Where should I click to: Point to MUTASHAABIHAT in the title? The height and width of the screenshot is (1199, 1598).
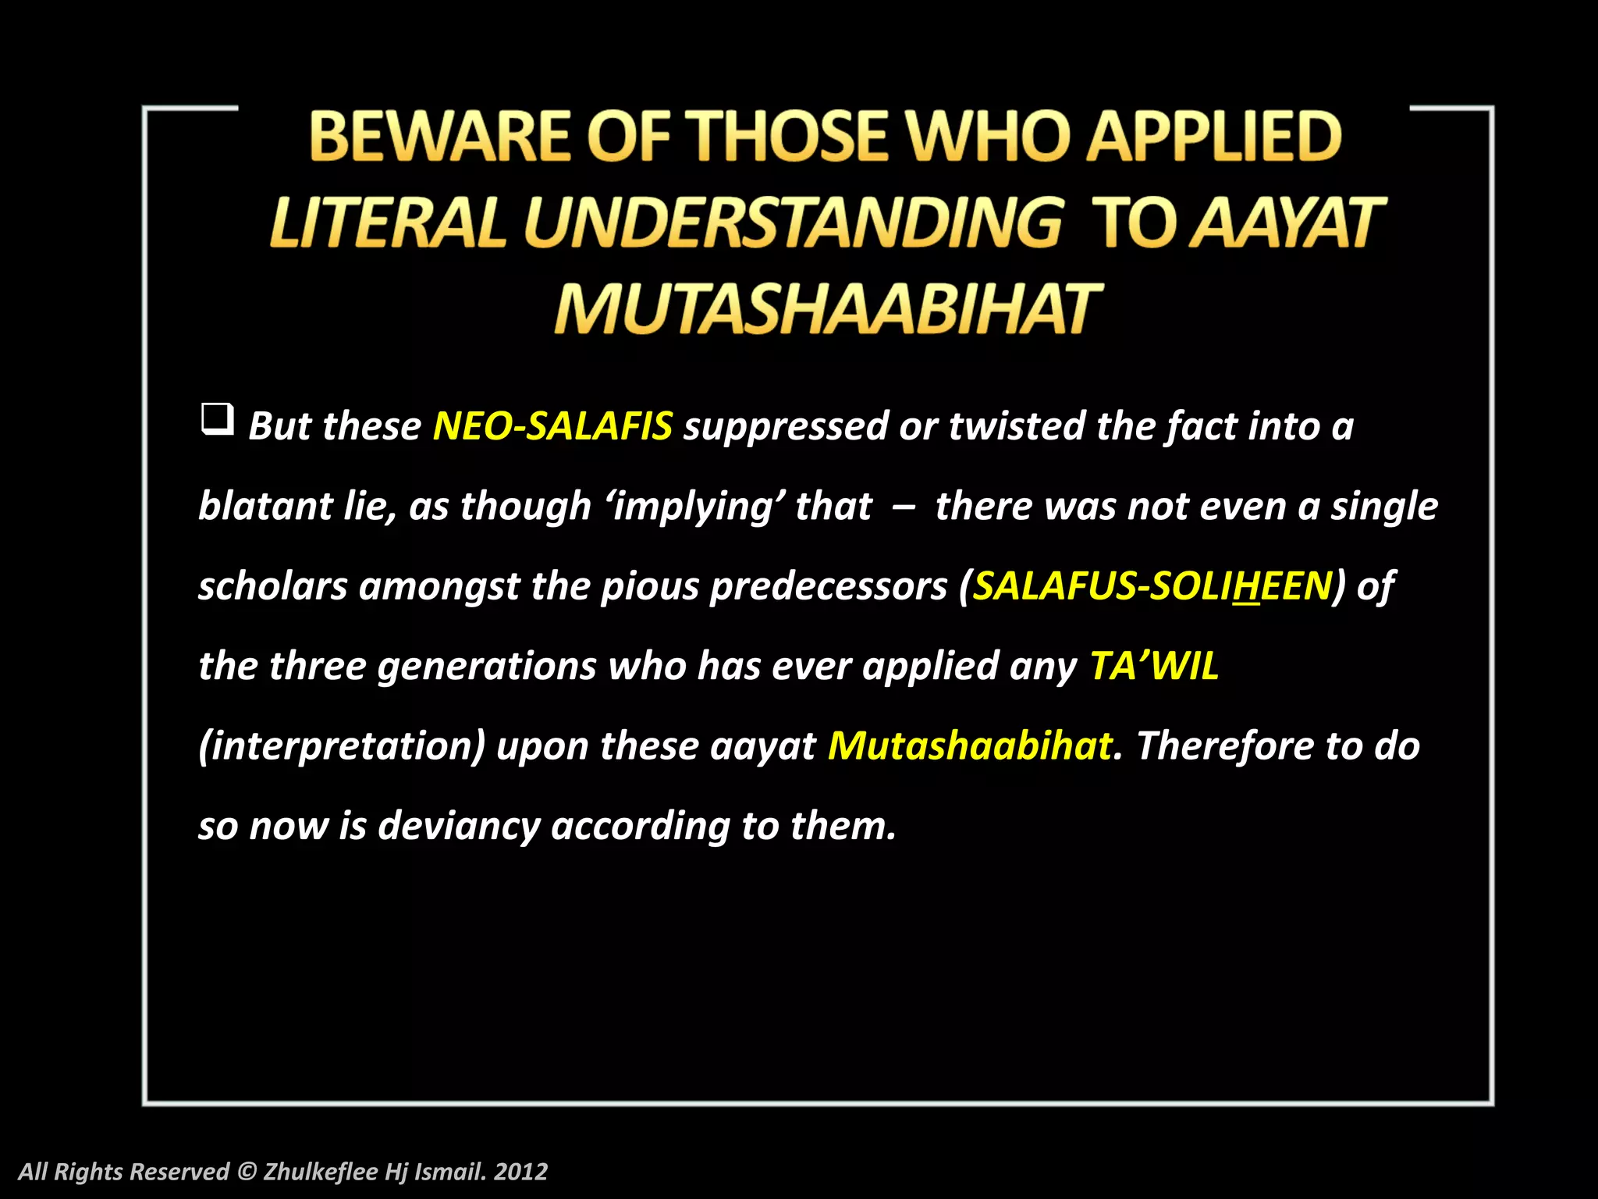coord(826,309)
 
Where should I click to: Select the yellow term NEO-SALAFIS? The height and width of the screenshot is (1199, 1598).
coord(552,426)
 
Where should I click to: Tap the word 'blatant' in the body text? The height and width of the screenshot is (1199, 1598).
coord(265,506)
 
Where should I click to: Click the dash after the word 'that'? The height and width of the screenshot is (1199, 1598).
coord(904,507)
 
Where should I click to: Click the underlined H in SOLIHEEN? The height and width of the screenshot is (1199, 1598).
coord(1247,586)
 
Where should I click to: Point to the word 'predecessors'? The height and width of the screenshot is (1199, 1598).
coord(828,586)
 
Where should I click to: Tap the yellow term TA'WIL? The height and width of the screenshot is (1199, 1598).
coord(1154,666)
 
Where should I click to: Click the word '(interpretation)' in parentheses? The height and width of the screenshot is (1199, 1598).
coord(342,746)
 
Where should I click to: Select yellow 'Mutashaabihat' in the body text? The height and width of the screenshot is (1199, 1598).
coord(969,745)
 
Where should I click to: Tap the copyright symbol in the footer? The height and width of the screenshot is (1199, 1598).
coord(247,1172)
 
